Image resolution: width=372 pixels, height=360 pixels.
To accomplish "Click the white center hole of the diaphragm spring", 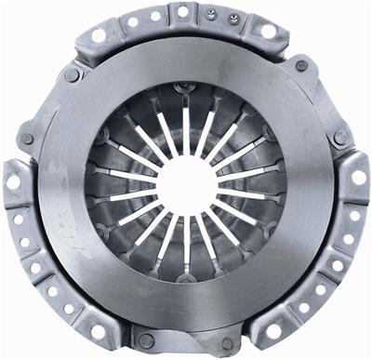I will (185, 183).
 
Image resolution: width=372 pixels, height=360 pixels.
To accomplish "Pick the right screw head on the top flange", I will (232, 18).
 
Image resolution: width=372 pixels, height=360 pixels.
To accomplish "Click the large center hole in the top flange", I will (183, 12).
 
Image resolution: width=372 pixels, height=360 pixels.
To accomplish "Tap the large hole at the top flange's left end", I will (99, 34).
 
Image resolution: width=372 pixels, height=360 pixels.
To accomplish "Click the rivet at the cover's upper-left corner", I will (72, 74).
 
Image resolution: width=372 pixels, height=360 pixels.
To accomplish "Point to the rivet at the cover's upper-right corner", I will (301, 66).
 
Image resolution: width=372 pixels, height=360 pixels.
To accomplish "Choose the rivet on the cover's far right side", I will (342, 137).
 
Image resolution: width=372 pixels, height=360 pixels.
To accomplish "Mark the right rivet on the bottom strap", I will (226, 341).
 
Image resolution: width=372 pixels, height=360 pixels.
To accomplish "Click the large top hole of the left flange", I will (14, 182).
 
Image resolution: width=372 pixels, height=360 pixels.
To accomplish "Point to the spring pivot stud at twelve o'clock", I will (185, 89).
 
